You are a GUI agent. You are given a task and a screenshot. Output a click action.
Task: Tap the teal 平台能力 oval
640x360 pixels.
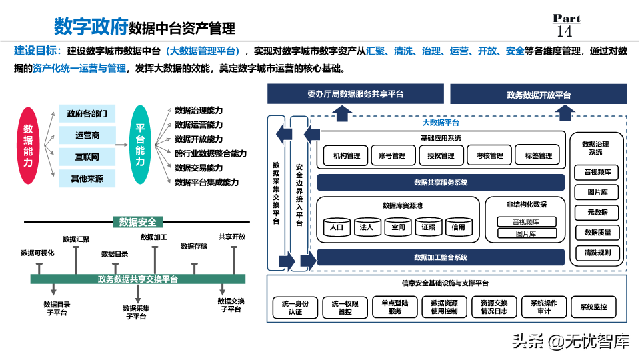(140, 145)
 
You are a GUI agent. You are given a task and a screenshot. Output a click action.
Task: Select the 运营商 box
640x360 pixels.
(87, 135)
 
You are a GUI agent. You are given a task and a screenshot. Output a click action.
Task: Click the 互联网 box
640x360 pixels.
(87, 157)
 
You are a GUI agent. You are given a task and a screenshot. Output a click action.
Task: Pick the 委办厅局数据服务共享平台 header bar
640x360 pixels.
(355, 94)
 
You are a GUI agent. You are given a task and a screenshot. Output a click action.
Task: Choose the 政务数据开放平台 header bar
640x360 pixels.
(538, 94)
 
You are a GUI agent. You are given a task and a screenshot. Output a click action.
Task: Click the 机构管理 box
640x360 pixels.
(346, 155)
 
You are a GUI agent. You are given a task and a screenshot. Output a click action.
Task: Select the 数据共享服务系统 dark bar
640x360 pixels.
(440, 182)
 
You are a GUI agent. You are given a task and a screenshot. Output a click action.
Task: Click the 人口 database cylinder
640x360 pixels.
(337, 227)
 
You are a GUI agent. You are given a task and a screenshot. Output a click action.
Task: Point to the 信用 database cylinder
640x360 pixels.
(458, 227)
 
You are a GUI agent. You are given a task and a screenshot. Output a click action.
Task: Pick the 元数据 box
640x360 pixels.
(597, 213)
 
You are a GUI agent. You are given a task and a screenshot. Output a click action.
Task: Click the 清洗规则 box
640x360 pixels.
(597, 253)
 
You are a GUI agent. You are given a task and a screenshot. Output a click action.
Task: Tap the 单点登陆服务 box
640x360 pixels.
(395, 307)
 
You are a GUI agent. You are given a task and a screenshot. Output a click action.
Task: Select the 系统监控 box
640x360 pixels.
(593, 307)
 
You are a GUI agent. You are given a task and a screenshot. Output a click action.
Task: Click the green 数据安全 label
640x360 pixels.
(138, 222)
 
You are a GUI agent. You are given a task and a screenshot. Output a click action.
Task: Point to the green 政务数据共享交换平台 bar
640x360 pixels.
(138, 279)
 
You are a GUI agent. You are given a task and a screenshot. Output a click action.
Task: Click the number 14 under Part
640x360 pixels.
(564, 31)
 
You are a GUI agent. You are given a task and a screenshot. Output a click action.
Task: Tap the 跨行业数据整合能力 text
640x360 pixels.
(211, 153)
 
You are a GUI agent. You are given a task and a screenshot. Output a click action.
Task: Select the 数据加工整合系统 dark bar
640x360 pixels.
(440, 257)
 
